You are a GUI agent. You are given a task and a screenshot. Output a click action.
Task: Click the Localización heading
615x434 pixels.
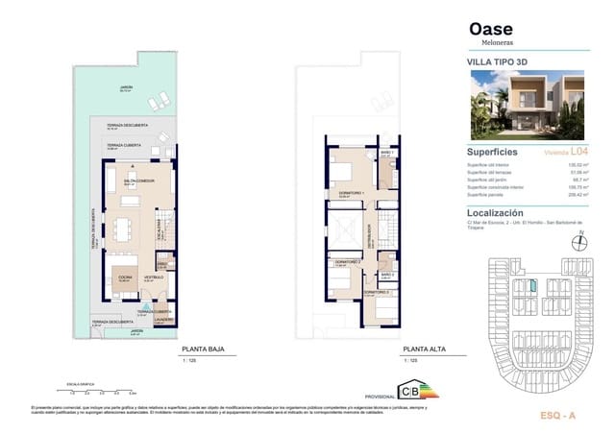[x=495, y=213]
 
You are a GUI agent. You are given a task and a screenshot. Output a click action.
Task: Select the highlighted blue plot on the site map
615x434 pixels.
[x=529, y=286]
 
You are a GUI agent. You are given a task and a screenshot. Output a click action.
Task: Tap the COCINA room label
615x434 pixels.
[x=125, y=277]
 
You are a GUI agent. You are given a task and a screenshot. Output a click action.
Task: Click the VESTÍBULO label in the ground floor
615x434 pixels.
[x=154, y=277]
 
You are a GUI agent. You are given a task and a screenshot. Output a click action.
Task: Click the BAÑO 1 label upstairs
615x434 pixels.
[x=386, y=154]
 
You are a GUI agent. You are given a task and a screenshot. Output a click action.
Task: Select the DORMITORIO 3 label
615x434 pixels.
[x=376, y=292]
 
